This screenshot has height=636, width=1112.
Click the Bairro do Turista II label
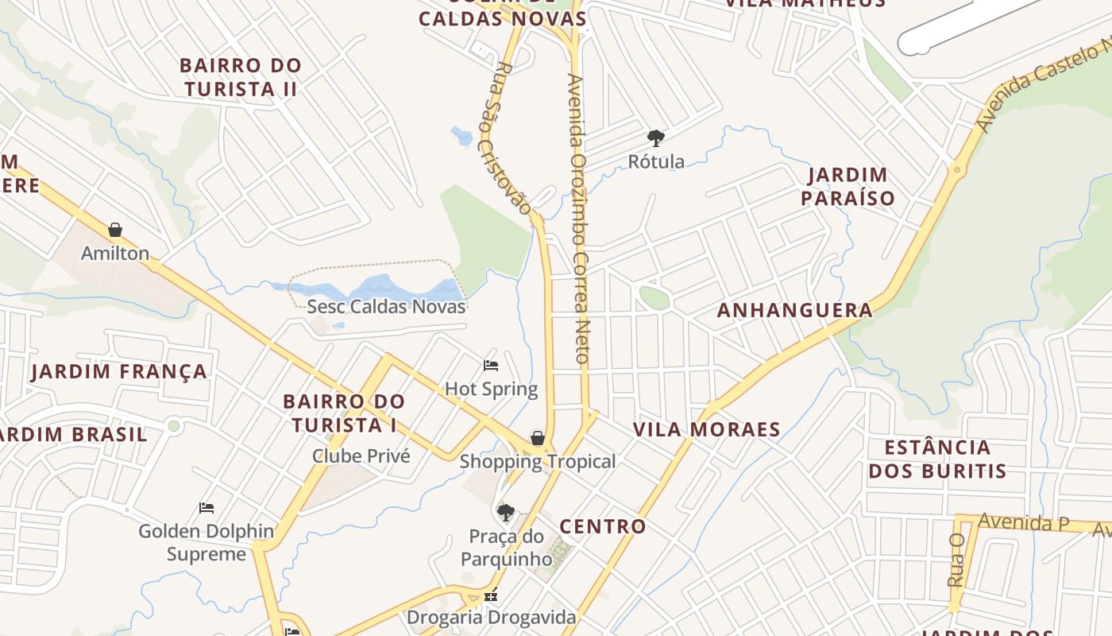click(x=241, y=77)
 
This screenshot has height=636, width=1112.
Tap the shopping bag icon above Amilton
click(x=115, y=230)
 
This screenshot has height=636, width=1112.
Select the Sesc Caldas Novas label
click(x=386, y=306)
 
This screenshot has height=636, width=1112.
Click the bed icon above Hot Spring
click(x=491, y=366)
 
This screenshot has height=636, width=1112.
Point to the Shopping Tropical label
click(x=538, y=461)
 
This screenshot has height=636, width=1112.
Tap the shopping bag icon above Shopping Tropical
click(x=538, y=438)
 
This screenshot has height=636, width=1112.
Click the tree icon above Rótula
click(x=656, y=138)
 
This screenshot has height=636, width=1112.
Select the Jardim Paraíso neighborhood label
click(x=848, y=186)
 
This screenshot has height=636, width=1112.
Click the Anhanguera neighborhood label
click(x=795, y=310)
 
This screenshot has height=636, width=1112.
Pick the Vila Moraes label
click(x=707, y=429)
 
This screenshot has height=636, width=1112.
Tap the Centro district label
click(x=603, y=526)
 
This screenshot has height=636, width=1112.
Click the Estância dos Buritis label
click(x=937, y=459)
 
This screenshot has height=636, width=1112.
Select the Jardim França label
click(x=119, y=371)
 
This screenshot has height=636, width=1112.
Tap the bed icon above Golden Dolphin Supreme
click(x=207, y=507)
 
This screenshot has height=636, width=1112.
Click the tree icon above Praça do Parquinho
click(x=506, y=512)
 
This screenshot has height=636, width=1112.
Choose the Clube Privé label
click(x=361, y=456)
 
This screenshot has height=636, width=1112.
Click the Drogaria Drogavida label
click(x=491, y=617)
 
